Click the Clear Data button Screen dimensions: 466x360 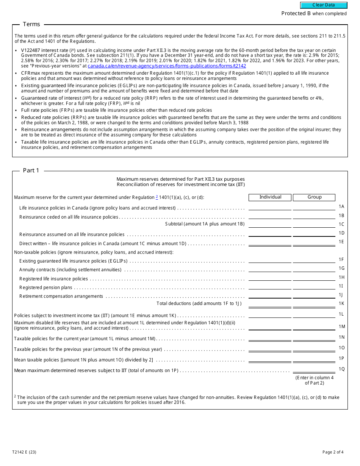click(x=324, y=5)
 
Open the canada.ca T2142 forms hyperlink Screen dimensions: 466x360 click(x=167, y=66)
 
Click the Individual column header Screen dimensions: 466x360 click(x=270, y=197)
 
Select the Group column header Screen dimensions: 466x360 click(x=314, y=197)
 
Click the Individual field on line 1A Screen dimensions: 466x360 click(x=270, y=207)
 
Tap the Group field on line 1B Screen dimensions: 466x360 click(x=314, y=216)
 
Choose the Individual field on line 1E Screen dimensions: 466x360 click(x=270, y=242)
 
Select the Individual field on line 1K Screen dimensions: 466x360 click(x=270, y=304)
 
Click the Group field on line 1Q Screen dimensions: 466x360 click(x=314, y=369)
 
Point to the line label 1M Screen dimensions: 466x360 click(x=341, y=327)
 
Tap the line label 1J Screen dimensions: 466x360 click(x=341, y=295)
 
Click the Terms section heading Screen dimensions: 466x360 click(x=31, y=24)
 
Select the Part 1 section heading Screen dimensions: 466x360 click(x=31, y=170)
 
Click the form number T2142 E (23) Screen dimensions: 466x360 click(x=24, y=452)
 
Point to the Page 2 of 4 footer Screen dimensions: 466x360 click(x=333, y=452)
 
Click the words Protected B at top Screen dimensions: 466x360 click(x=296, y=14)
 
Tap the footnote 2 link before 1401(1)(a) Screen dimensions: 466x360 click(x=157, y=197)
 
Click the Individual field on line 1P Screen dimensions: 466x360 click(x=270, y=359)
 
